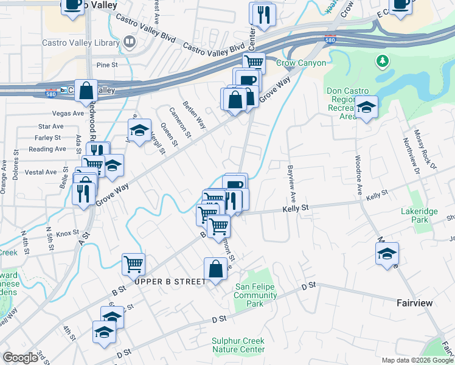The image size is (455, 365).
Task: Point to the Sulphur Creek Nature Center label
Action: click(x=238, y=345)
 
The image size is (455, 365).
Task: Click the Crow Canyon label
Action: click(x=301, y=63)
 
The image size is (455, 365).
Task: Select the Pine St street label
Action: click(x=106, y=64)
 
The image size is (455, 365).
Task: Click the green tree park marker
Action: click(x=383, y=61)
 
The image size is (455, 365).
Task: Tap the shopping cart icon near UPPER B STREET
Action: click(x=133, y=263)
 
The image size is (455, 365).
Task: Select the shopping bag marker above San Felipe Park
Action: click(x=216, y=268)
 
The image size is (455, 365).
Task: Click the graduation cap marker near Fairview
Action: click(x=386, y=253)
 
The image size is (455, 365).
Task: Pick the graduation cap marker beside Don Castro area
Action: click(x=366, y=107)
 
